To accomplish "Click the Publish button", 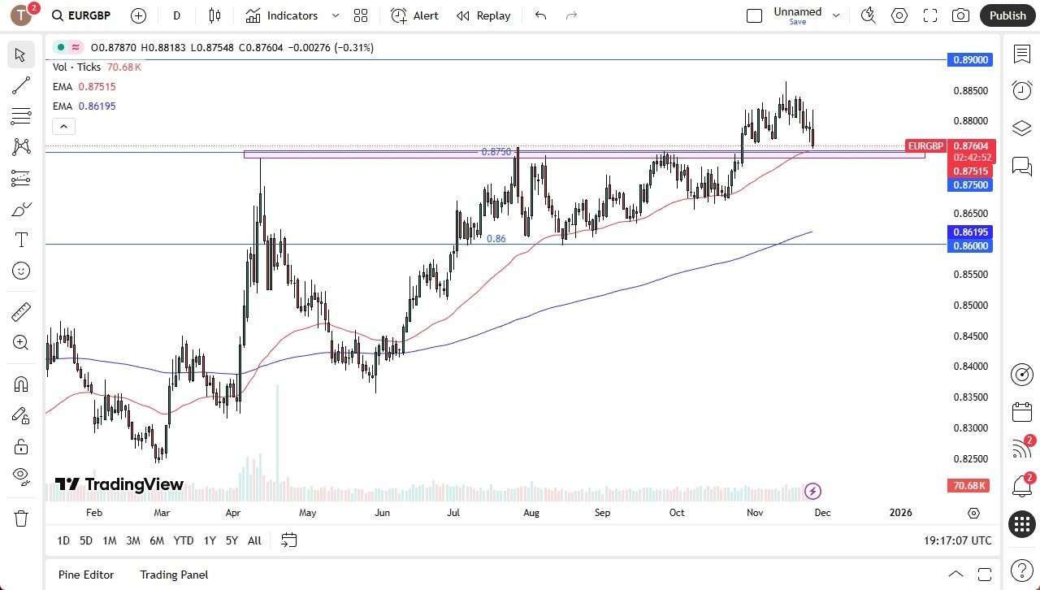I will pyautogui.click(x=1007, y=15).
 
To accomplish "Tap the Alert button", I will pyautogui.click(x=414, y=15).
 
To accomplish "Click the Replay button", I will pyautogui.click(x=483, y=15).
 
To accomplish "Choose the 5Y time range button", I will pyautogui.click(x=232, y=540).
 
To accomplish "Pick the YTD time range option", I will pyautogui.click(x=184, y=540).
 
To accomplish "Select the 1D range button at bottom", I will pyautogui.click(x=63, y=540).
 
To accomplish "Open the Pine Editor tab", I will pyautogui.click(x=86, y=575).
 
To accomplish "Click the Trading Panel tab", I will pyautogui.click(x=174, y=575).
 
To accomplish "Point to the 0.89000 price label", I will pyautogui.click(x=970, y=60).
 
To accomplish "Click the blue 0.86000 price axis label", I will pyautogui.click(x=970, y=245).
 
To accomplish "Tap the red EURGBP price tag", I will pyautogui.click(x=925, y=146).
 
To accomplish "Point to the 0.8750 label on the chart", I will pyautogui.click(x=496, y=152).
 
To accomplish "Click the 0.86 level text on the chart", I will pyautogui.click(x=496, y=239).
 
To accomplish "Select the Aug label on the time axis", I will pyautogui.click(x=531, y=513).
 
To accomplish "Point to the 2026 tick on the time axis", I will pyautogui.click(x=901, y=513).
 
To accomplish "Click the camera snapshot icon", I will pyautogui.click(x=960, y=15).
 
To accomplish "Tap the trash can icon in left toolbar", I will pyautogui.click(x=21, y=518).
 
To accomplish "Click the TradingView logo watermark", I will pyautogui.click(x=119, y=484).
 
